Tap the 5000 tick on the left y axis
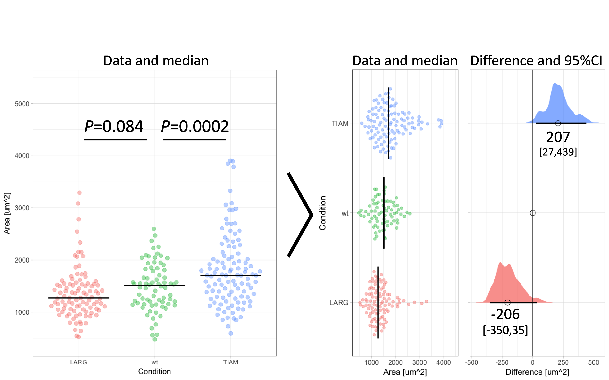point(22,104)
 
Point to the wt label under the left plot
point(155,362)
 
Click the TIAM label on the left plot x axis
point(231,362)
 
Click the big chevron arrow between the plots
point(300,215)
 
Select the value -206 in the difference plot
point(505,314)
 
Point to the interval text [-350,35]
point(505,330)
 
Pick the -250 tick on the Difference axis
point(502,362)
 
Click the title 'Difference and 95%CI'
point(536,61)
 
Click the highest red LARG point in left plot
point(79,193)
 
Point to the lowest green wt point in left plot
point(155,339)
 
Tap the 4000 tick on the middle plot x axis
point(443,362)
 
